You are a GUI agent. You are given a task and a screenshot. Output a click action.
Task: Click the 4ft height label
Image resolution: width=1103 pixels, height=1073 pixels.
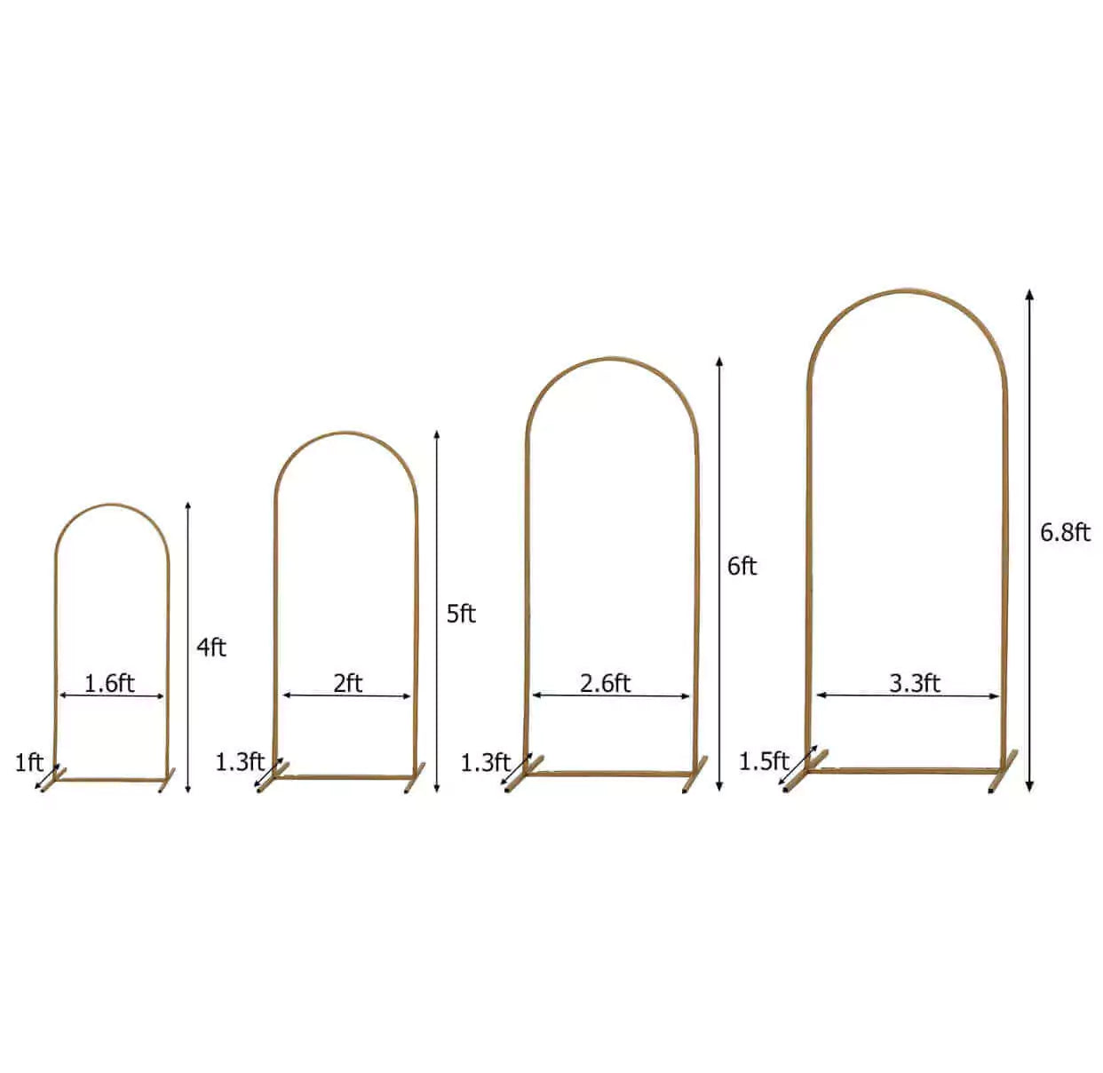point(210,648)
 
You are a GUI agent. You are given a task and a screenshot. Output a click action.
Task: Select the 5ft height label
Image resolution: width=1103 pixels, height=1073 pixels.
point(461,614)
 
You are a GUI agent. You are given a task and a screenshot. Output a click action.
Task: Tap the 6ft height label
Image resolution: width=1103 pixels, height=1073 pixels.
point(742,567)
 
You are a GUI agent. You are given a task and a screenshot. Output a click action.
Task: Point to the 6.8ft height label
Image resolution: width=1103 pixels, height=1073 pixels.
point(1065,533)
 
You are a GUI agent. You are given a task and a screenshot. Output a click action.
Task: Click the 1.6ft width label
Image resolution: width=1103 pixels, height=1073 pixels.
point(109,684)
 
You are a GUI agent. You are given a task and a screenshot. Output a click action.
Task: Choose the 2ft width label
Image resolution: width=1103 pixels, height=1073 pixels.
point(347,684)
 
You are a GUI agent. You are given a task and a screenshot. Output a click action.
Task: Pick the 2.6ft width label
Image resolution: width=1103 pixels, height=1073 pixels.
point(606,684)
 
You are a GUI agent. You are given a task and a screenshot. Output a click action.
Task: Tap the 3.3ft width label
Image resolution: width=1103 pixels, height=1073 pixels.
point(914,684)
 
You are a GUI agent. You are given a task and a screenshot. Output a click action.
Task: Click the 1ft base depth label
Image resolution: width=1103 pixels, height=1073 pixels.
point(29,763)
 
